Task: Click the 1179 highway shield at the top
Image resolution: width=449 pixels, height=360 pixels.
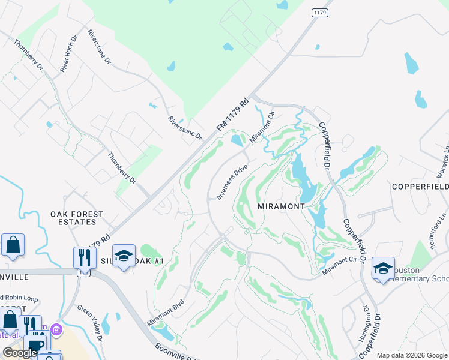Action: [x=318, y=13]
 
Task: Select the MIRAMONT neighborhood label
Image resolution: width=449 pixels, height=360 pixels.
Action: [x=282, y=206]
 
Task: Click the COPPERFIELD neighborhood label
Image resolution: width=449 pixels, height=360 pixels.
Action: [x=420, y=187]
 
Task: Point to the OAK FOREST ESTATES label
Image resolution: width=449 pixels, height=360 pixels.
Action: [x=77, y=218]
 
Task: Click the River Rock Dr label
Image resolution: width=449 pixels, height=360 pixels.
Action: [x=69, y=54]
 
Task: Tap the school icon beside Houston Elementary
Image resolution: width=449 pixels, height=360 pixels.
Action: [x=383, y=269]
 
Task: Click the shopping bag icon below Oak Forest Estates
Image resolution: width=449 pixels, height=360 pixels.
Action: [x=13, y=245]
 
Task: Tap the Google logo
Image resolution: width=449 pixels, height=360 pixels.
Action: [x=20, y=353]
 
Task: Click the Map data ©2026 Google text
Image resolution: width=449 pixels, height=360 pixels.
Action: [x=412, y=355]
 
